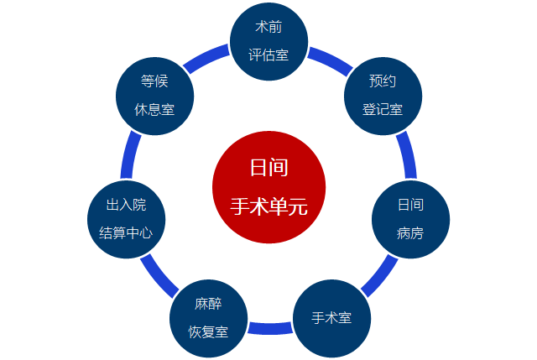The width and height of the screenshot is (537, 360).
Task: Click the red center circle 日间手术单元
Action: pyautogui.click(x=268, y=186)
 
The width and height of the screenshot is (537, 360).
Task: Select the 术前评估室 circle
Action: pyautogui.click(x=268, y=41)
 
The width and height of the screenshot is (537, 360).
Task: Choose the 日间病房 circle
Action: pyautogui.click(x=410, y=219)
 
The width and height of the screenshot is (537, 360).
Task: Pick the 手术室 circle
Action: pyautogui.click(x=331, y=318)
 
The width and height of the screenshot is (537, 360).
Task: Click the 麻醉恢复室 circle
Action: pyautogui.click(x=208, y=318)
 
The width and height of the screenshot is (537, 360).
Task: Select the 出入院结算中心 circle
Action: pyautogui.click(x=127, y=219)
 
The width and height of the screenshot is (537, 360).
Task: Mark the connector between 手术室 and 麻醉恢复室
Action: pyautogui.click(x=269, y=327)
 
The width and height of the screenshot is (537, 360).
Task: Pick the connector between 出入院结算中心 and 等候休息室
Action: pyautogui.click(x=131, y=155)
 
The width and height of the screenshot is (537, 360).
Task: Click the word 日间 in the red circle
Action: pyautogui.click(x=268, y=167)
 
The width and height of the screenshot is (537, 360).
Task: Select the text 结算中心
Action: pyautogui.click(x=127, y=232)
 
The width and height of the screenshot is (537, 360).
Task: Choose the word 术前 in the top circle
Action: pyautogui.click(x=268, y=28)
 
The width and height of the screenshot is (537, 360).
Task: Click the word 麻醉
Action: pyautogui.click(x=208, y=304)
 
